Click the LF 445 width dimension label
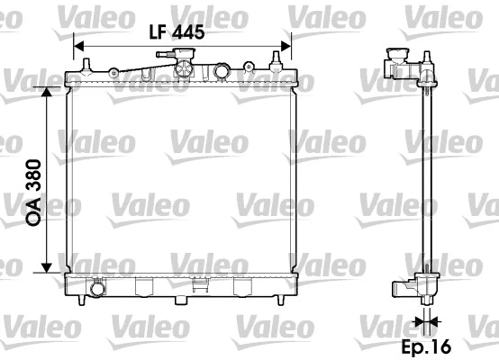pyautogui.click(x=177, y=32)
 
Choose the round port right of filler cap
pyautogui.click(x=222, y=71)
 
